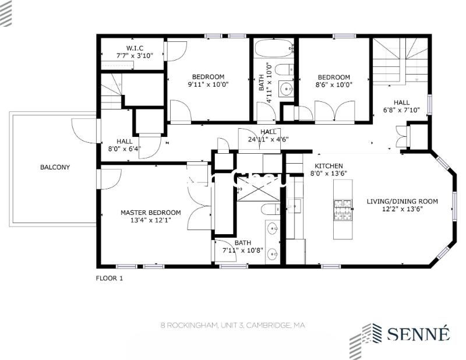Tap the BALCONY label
[55, 167]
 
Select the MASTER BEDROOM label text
[150, 213]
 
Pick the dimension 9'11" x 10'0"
[208, 84]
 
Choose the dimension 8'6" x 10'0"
[333, 84]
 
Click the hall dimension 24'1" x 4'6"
[268, 139]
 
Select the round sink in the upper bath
[286, 89]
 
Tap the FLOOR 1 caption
[110, 278]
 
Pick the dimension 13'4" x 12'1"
[150, 220]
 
